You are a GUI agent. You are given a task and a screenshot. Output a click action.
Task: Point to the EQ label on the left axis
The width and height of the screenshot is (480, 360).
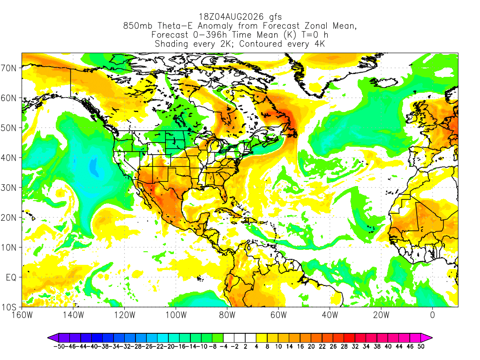point(11,277)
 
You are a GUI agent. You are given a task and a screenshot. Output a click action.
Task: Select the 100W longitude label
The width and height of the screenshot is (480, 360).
point(176,315)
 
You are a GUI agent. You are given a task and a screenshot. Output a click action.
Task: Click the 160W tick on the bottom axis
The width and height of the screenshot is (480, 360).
point(22,315)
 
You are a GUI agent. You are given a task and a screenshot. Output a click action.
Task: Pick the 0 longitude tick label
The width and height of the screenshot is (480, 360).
point(433,315)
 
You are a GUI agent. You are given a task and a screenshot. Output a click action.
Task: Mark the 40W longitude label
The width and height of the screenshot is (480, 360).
point(330,315)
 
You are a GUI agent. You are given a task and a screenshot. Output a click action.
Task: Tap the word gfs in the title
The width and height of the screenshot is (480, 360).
point(276,17)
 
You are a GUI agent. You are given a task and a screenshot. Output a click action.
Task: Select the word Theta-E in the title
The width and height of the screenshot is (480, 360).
point(175,26)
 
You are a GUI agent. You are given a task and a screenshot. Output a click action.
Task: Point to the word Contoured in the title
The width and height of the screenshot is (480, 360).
point(261,44)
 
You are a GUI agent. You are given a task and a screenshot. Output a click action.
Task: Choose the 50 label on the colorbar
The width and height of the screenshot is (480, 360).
point(421,346)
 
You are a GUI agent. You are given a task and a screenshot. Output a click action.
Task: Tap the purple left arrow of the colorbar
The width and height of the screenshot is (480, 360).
point(54,338)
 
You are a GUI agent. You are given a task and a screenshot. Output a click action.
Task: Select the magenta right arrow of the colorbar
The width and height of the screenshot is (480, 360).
point(427,338)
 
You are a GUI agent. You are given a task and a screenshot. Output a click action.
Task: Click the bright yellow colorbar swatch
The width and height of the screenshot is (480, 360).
point(262,338)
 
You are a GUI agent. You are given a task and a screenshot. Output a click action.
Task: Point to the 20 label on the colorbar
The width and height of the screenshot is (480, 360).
point(311,346)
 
